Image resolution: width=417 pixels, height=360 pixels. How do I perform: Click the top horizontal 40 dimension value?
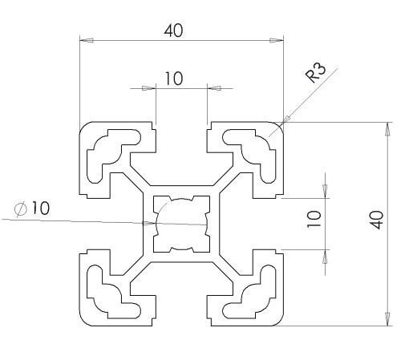pos(173,30)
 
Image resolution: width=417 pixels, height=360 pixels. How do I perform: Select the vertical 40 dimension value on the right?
pos(377,220)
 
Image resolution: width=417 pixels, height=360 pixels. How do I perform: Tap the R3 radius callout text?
pos(316,73)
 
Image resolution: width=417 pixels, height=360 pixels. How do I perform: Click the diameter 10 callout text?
pos(32,208)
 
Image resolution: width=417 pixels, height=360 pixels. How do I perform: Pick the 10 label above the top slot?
pos(174,79)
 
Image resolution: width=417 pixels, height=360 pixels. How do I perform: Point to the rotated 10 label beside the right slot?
pos(314,219)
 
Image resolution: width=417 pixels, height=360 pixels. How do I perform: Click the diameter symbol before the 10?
pos(21,208)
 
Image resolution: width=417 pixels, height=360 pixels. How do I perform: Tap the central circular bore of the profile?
pos(181,224)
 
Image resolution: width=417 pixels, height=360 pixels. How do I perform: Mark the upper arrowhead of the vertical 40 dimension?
pos(387,129)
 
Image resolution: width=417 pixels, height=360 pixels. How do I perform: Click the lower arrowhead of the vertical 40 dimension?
pos(387,319)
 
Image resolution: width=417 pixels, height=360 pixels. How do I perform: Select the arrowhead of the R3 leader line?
pos(285,119)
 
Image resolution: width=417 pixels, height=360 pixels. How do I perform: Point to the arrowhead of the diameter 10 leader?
pos(149,223)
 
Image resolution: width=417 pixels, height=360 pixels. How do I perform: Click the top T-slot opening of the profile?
pos(181,139)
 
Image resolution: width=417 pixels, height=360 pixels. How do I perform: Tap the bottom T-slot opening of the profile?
pos(181,310)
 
